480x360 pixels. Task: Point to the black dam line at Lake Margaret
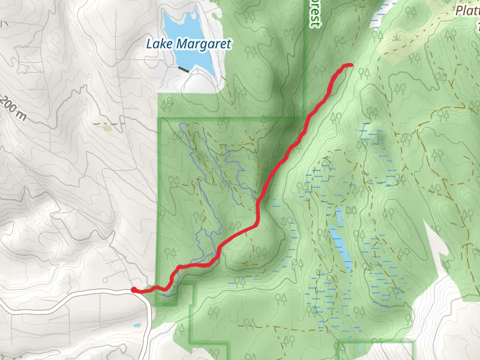coord(183,69)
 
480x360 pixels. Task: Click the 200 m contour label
coord(13,107)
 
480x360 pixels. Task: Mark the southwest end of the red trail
coord(133,290)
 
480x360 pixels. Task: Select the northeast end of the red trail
coord(350,65)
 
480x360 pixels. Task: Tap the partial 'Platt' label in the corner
coord(468,11)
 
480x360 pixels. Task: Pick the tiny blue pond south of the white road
coord(137,326)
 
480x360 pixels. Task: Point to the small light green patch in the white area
coord(106,127)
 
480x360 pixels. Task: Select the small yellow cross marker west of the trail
coord(242,145)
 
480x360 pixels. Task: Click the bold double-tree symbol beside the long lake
coord(350,209)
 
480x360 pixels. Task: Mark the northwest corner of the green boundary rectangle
coord(159,119)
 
